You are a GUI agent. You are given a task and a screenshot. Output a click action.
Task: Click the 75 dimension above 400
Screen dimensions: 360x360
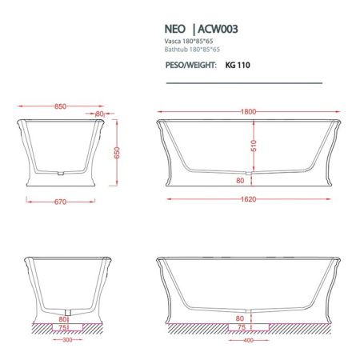pyautogui.click(x=239, y=326)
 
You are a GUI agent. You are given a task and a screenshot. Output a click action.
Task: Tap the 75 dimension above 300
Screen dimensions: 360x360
pyautogui.click(x=60, y=326)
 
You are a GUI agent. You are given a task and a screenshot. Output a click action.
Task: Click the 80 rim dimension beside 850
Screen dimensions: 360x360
pyautogui.click(x=100, y=114)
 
